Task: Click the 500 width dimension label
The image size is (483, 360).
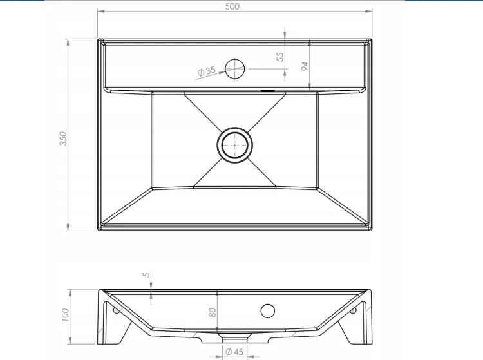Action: (232, 6)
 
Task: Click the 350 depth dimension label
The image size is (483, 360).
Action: (63, 138)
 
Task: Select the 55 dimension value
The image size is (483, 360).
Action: (280, 57)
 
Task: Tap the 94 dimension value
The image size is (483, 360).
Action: (305, 66)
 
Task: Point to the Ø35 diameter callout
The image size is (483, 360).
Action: (206, 71)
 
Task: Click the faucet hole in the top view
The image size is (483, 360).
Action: (234, 69)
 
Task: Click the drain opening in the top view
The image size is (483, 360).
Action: (234, 145)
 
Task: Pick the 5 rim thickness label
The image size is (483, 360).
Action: (147, 274)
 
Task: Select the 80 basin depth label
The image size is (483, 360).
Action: (213, 312)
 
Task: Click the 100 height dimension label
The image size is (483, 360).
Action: (65, 315)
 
